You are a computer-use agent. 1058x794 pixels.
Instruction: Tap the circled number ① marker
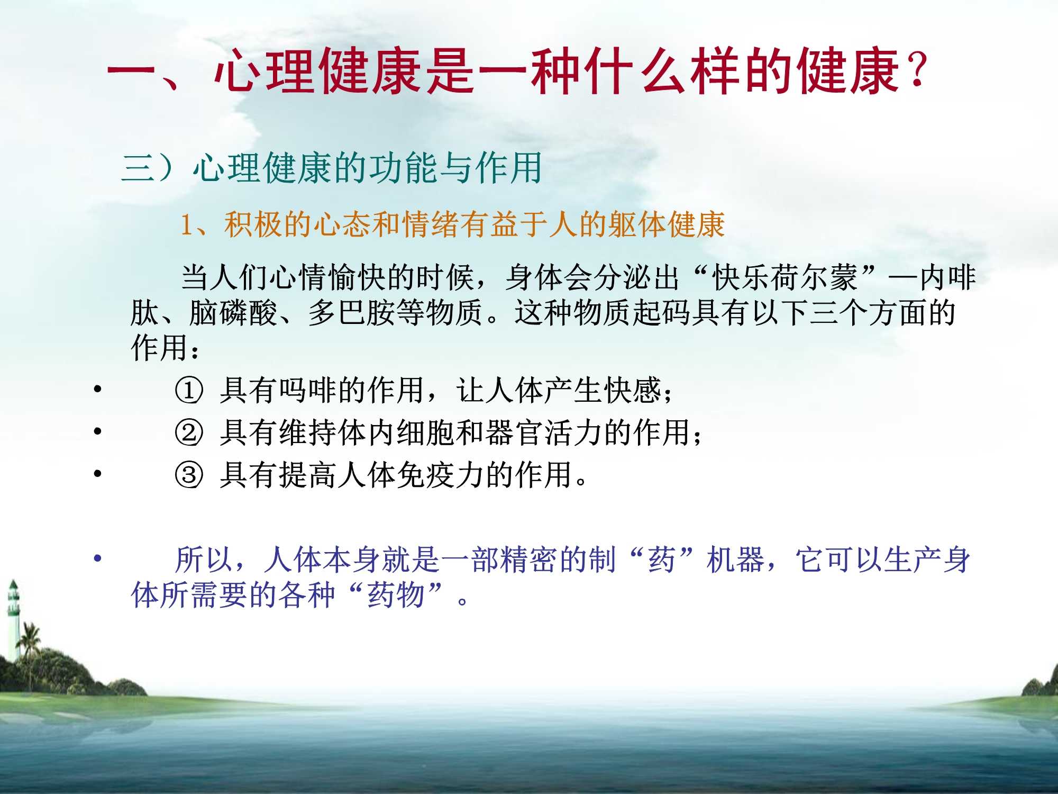(189, 391)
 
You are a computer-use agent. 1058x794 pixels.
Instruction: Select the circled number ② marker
(189, 432)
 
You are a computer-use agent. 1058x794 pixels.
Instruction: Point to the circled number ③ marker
(189, 475)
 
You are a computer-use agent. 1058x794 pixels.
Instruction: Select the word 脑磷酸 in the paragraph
(234, 312)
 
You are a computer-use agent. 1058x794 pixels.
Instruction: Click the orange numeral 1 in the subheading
(186, 225)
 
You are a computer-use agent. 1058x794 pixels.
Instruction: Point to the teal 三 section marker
(138, 168)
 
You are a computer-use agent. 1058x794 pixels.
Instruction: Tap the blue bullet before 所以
(97, 558)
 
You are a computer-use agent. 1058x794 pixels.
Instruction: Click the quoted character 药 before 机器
(662, 560)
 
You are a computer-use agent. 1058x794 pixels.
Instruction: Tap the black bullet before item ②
(97, 431)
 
